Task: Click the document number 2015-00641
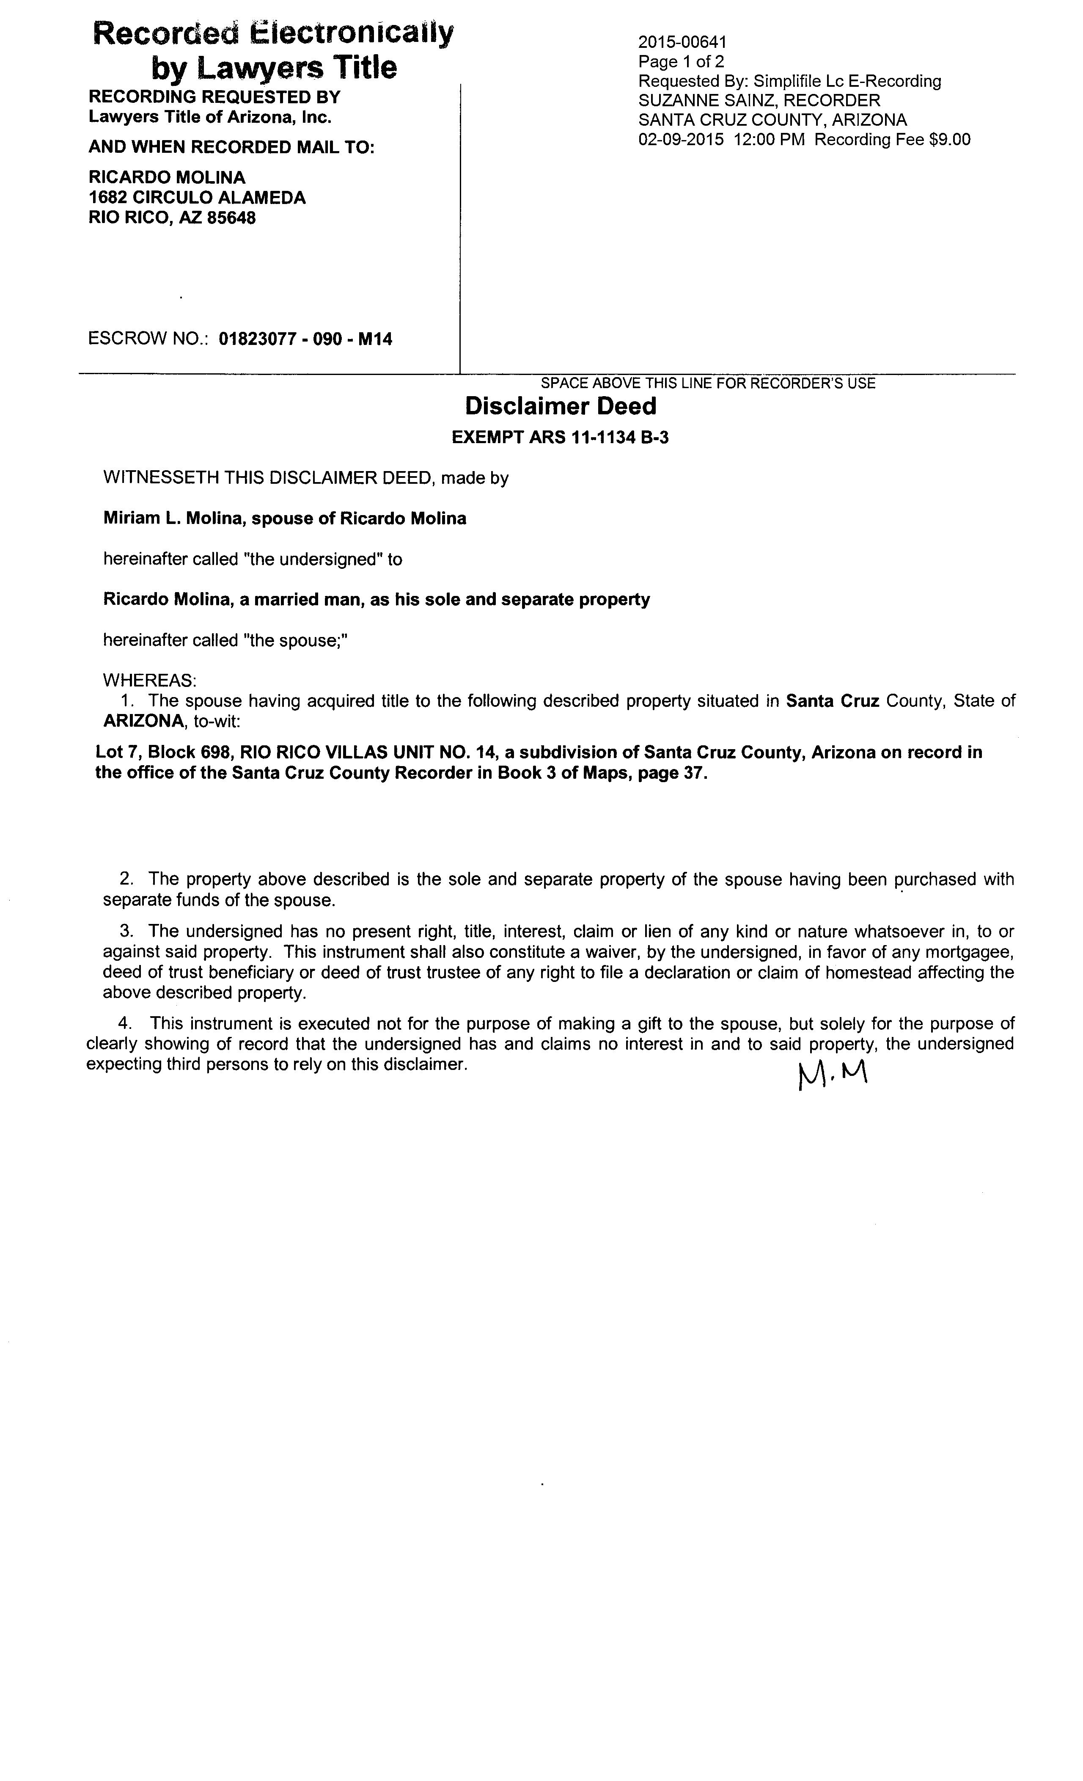pyautogui.click(x=682, y=43)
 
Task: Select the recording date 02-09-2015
pyautogui.click(x=681, y=140)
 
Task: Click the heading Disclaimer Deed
pyautogui.click(x=561, y=406)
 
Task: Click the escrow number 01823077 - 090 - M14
pyautogui.click(x=305, y=339)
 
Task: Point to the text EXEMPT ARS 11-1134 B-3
pyautogui.click(x=560, y=437)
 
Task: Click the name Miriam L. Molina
pyautogui.click(x=171, y=518)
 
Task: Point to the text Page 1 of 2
pyautogui.click(x=681, y=62)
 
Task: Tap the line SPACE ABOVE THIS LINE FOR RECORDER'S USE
pyautogui.click(x=708, y=383)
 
